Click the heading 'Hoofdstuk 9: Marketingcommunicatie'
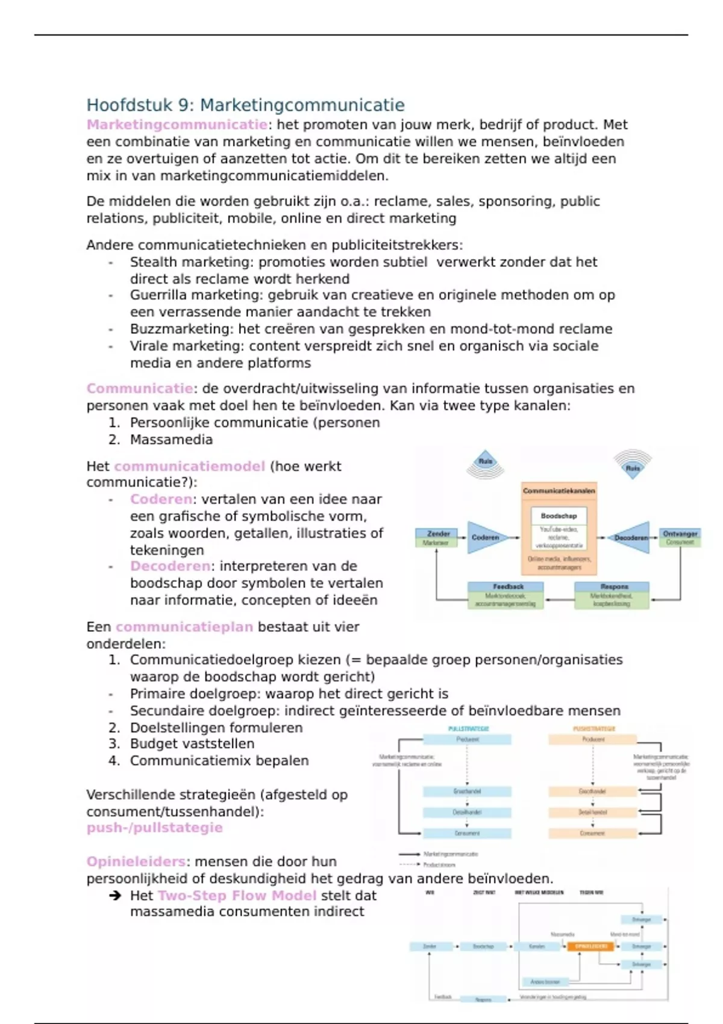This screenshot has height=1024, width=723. click(x=245, y=105)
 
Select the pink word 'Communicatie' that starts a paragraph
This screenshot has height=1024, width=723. click(x=140, y=389)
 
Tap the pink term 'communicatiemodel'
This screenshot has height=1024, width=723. click(x=189, y=466)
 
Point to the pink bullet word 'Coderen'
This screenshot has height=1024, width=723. click(x=161, y=499)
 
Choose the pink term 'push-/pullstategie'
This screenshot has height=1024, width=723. click(x=154, y=828)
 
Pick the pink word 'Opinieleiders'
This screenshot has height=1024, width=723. click(x=136, y=861)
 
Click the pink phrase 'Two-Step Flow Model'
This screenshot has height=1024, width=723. click(x=237, y=896)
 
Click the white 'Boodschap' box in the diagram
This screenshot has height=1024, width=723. click(x=559, y=516)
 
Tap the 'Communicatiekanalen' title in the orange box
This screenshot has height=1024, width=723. click(x=559, y=491)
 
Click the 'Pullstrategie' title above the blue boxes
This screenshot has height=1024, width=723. click(x=468, y=729)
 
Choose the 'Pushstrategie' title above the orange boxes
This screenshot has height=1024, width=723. click(x=593, y=729)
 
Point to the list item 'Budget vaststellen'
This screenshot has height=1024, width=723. click(x=192, y=744)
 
